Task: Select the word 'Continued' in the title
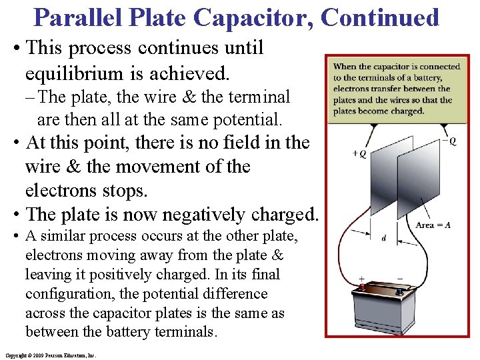pyautogui.click(x=381, y=17)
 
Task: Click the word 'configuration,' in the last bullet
pyautogui.click(x=70, y=294)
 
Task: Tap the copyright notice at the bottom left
pyautogui.click(x=50, y=355)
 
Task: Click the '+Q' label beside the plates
pyautogui.click(x=358, y=153)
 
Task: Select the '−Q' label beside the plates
pyautogui.click(x=449, y=141)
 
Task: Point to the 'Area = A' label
pyautogui.click(x=433, y=225)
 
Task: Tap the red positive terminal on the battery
pyautogui.click(x=363, y=288)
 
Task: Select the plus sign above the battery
pyautogui.click(x=361, y=278)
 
